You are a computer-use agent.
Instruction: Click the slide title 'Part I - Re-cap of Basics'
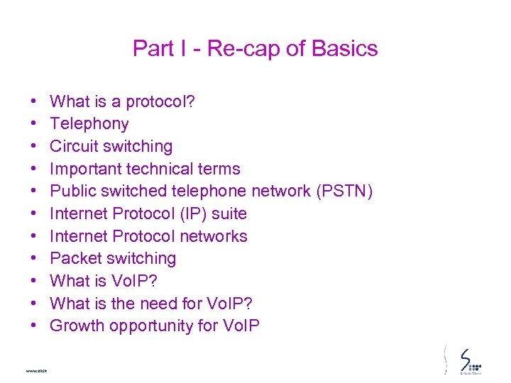tap(255, 48)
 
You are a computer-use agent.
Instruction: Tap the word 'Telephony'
tap(89, 124)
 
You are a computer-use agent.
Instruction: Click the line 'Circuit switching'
tap(111, 146)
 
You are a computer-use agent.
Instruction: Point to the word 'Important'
tap(85, 169)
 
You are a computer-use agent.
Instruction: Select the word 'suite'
tap(229, 213)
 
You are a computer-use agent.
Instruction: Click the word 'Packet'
tap(74, 258)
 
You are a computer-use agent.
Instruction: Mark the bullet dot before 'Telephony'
tap(34, 124)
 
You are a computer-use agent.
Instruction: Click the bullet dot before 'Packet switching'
tap(34, 259)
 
